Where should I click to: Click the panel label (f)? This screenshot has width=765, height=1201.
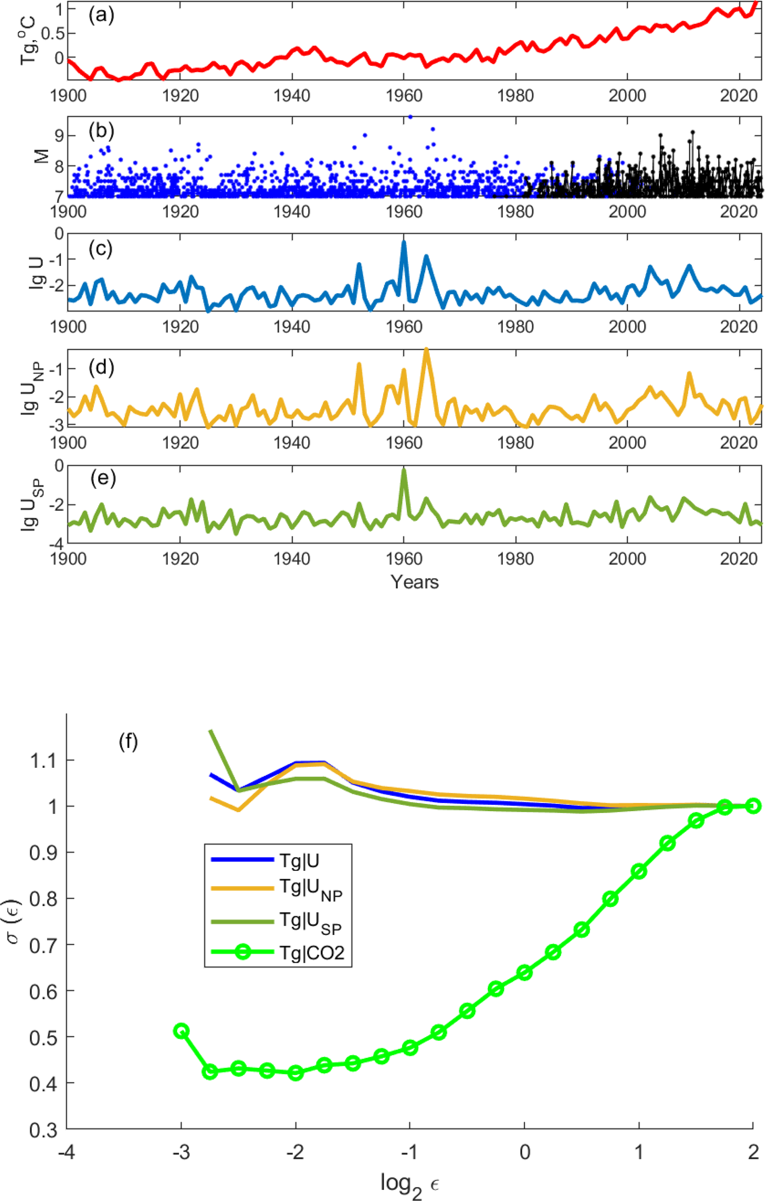pos(128,742)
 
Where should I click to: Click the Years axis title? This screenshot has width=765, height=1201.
pos(414,582)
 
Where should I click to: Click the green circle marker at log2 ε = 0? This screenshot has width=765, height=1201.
pos(524,972)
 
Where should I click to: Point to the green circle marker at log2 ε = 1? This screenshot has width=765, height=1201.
pos(638,871)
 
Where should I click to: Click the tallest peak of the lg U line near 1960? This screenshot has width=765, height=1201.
pos(404,242)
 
